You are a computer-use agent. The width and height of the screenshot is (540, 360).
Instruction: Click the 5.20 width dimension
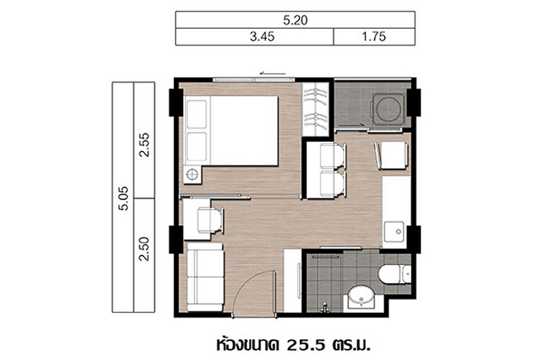[x=295, y=20]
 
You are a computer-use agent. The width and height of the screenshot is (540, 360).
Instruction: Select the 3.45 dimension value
[x=262, y=37]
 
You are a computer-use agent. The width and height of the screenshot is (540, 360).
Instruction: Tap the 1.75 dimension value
[x=374, y=37]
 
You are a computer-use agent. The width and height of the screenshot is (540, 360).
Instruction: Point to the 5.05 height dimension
[x=123, y=198]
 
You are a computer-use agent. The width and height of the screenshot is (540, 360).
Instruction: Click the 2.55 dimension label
[x=144, y=145]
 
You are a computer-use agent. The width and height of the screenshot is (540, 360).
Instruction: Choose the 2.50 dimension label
[x=144, y=248]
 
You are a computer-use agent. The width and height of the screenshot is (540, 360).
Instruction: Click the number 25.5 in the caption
[x=305, y=344]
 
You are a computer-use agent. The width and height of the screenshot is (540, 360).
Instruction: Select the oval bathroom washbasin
[x=361, y=297]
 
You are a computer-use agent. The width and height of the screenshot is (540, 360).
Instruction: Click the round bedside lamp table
[x=192, y=175]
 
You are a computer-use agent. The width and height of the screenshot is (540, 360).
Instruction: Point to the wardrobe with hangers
[x=315, y=109]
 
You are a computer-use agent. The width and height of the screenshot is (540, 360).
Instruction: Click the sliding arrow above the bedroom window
[x=273, y=73]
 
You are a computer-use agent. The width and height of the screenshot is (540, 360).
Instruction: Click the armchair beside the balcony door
[x=392, y=156]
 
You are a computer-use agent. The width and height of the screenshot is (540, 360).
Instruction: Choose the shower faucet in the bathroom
[x=324, y=307]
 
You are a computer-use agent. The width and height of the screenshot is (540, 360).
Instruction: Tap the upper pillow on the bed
[x=197, y=114]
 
